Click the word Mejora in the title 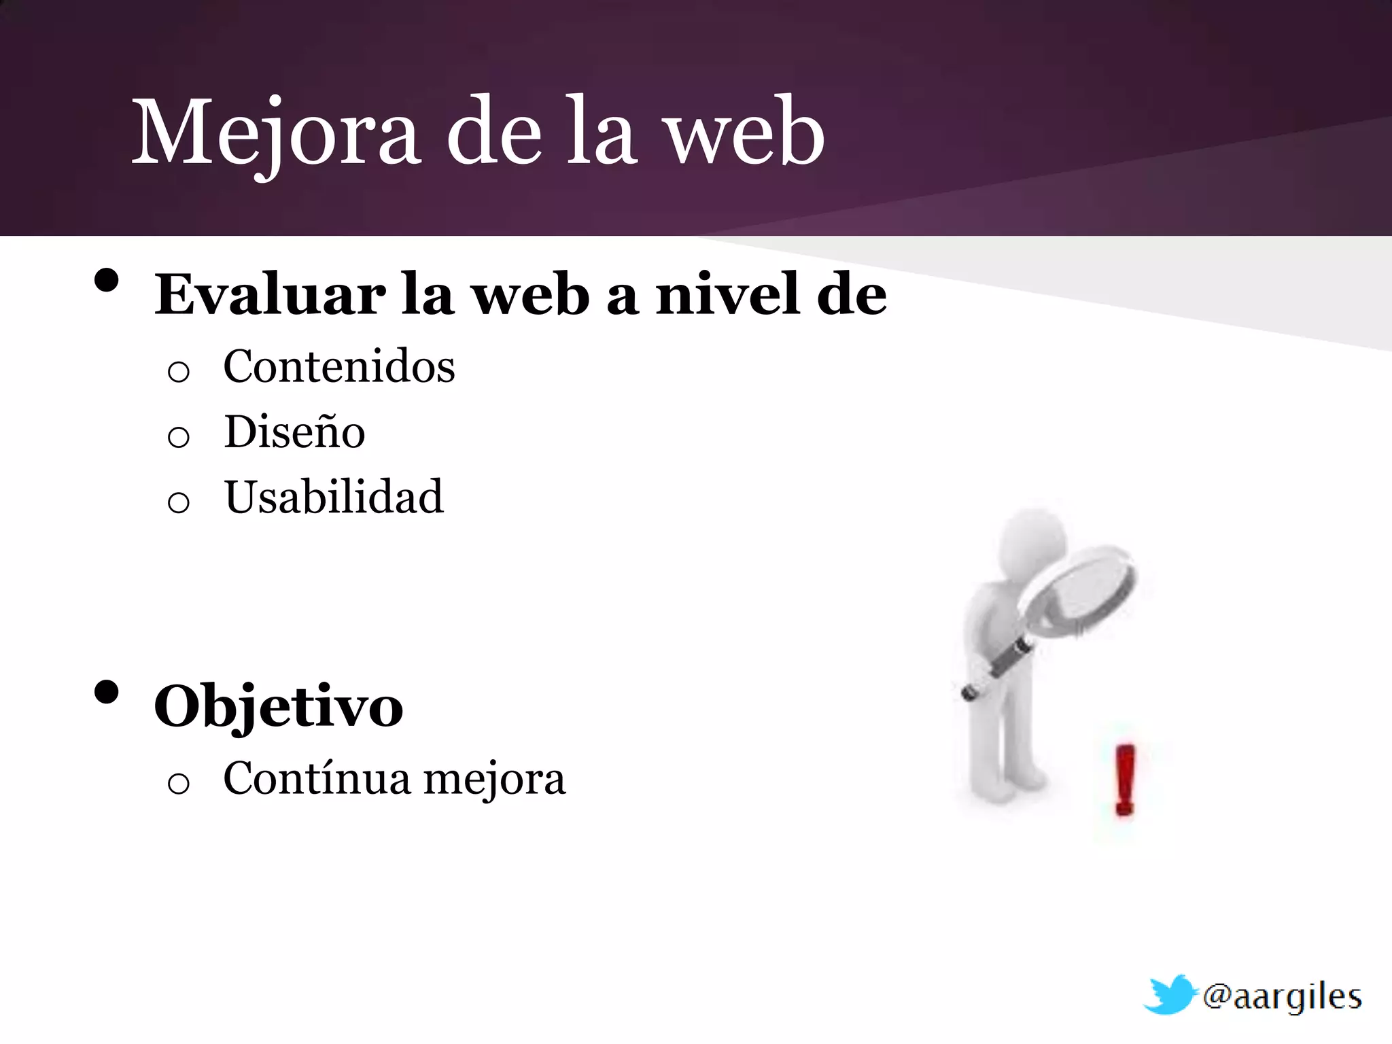[x=275, y=133]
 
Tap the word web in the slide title [x=744, y=133]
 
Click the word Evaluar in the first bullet [x=270, y=294]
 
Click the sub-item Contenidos [x=338, y=366]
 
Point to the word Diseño [x=294, y=432]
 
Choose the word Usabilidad [x=334, y=497]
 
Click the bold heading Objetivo [x=279, y=707]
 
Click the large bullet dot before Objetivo [x=107, y=693]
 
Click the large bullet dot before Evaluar [x=107, y=281]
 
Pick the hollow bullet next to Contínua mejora [x=178, y=784]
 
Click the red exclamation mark [x=1125, y=779]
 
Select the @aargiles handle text [x=1282, y=998]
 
